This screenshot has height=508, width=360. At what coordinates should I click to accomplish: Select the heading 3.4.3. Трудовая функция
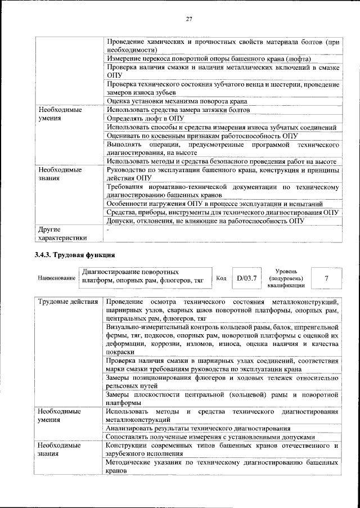point(75,255)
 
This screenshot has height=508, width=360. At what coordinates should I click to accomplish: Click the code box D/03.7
point(246,278)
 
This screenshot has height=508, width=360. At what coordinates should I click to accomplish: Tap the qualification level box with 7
point(327,278)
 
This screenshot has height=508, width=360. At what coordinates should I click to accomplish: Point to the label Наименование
point(56,278)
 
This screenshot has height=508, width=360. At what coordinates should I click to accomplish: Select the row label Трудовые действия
point(68,302)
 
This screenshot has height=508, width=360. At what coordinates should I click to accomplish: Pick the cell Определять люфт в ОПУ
point(146,119)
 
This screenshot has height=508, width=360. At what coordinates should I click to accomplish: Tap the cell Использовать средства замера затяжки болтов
point(178,110)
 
